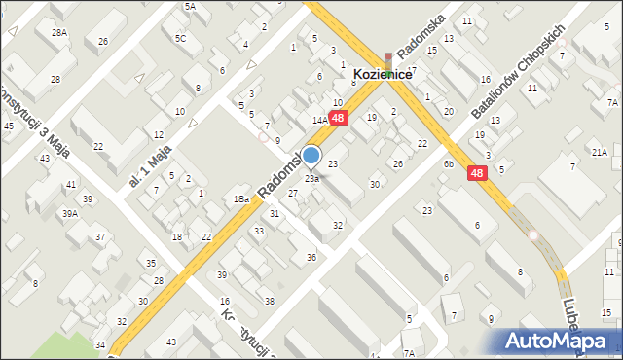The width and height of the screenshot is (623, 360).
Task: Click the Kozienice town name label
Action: click(x=387, y=74)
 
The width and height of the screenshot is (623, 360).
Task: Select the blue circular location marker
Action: click(x=311, y=155)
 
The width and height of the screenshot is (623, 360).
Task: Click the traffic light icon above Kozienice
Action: click(x=388, y=61)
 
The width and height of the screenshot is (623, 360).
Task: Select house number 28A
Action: click(x=60, y=32)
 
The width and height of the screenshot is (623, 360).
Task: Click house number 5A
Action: click(x=190, y=6)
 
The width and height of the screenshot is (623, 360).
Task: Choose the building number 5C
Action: click(x=180, y=39)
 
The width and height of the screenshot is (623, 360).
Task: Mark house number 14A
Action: click(x=318, y=120)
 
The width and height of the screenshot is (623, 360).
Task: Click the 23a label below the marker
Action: click(x=311, y=179)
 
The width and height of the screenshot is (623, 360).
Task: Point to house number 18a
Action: click(x=240, y=198)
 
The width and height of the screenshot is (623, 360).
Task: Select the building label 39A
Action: click(x=70, y=213)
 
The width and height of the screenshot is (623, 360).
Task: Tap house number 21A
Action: click(x=599, y=152)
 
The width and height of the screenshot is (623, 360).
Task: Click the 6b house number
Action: click(x=449, y=164)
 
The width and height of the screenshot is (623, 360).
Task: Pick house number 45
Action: click(x=9, y=126)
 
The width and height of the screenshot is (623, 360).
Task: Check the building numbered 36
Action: click(x=311, y=257)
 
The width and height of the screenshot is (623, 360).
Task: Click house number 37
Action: click(x=99, y=237)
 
